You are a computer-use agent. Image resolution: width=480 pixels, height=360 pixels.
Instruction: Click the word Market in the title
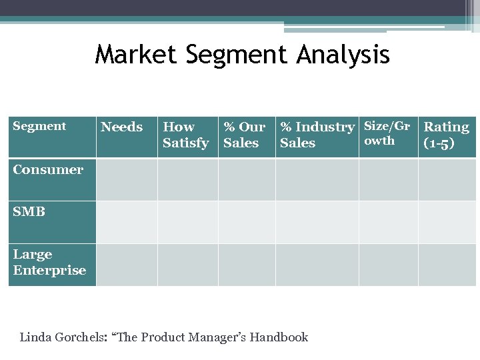[x=137, y=55]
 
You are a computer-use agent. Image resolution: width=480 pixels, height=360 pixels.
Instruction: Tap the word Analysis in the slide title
[x=341, y=55]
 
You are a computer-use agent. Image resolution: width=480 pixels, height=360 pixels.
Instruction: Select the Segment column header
[x=39, y=126]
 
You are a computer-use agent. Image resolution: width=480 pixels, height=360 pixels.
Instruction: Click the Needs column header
[x=121, y=127]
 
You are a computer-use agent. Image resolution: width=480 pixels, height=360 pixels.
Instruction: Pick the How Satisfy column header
[x=186, y=135]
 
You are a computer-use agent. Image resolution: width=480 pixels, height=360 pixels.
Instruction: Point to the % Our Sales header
[x=244, y=135]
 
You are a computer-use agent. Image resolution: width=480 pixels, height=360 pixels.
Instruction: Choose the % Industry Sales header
[x=317, y=135]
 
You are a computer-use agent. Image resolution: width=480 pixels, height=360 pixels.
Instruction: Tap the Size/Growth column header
[x=387, y=133]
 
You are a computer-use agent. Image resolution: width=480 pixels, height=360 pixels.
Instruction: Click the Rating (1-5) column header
[x=447, y=135]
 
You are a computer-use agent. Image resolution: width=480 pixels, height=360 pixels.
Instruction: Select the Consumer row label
[x=48, y=169]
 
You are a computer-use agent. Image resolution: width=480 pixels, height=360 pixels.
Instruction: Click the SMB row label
[x=29, y=212]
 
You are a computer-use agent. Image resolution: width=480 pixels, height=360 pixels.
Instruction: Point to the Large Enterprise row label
[x=49, y=262]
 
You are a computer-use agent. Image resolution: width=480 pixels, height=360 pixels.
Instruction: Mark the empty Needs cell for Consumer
[x=127, y=179]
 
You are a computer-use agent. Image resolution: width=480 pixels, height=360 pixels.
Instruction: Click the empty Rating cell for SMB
[x=447, y=222]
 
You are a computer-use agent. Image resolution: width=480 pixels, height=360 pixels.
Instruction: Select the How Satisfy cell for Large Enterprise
[x=187, y=265]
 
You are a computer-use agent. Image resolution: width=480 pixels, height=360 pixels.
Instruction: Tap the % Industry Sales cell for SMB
[x=317, y=222]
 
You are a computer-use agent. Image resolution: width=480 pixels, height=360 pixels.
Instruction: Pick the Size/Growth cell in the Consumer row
[x=388, y=179]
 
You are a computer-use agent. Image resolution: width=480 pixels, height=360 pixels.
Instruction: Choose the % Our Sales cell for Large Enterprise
[x=247, y=265]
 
